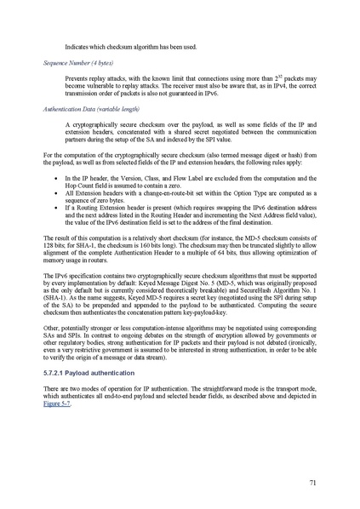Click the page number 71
coord(313,483)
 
